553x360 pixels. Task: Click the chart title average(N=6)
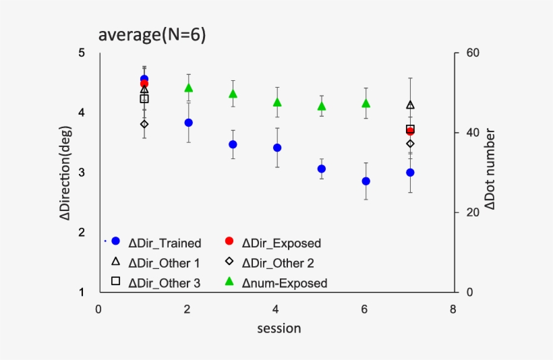152,35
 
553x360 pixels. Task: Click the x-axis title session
279,329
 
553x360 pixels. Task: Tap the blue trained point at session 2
189,123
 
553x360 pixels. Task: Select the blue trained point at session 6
366,181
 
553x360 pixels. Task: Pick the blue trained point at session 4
277,148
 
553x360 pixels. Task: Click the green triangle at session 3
233,94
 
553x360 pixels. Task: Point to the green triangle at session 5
322,106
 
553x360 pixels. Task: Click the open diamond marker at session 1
144,124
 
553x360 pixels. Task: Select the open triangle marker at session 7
410,105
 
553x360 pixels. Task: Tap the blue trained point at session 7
410,173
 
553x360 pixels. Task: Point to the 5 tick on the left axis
81,53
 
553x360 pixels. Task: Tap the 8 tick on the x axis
453,310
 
